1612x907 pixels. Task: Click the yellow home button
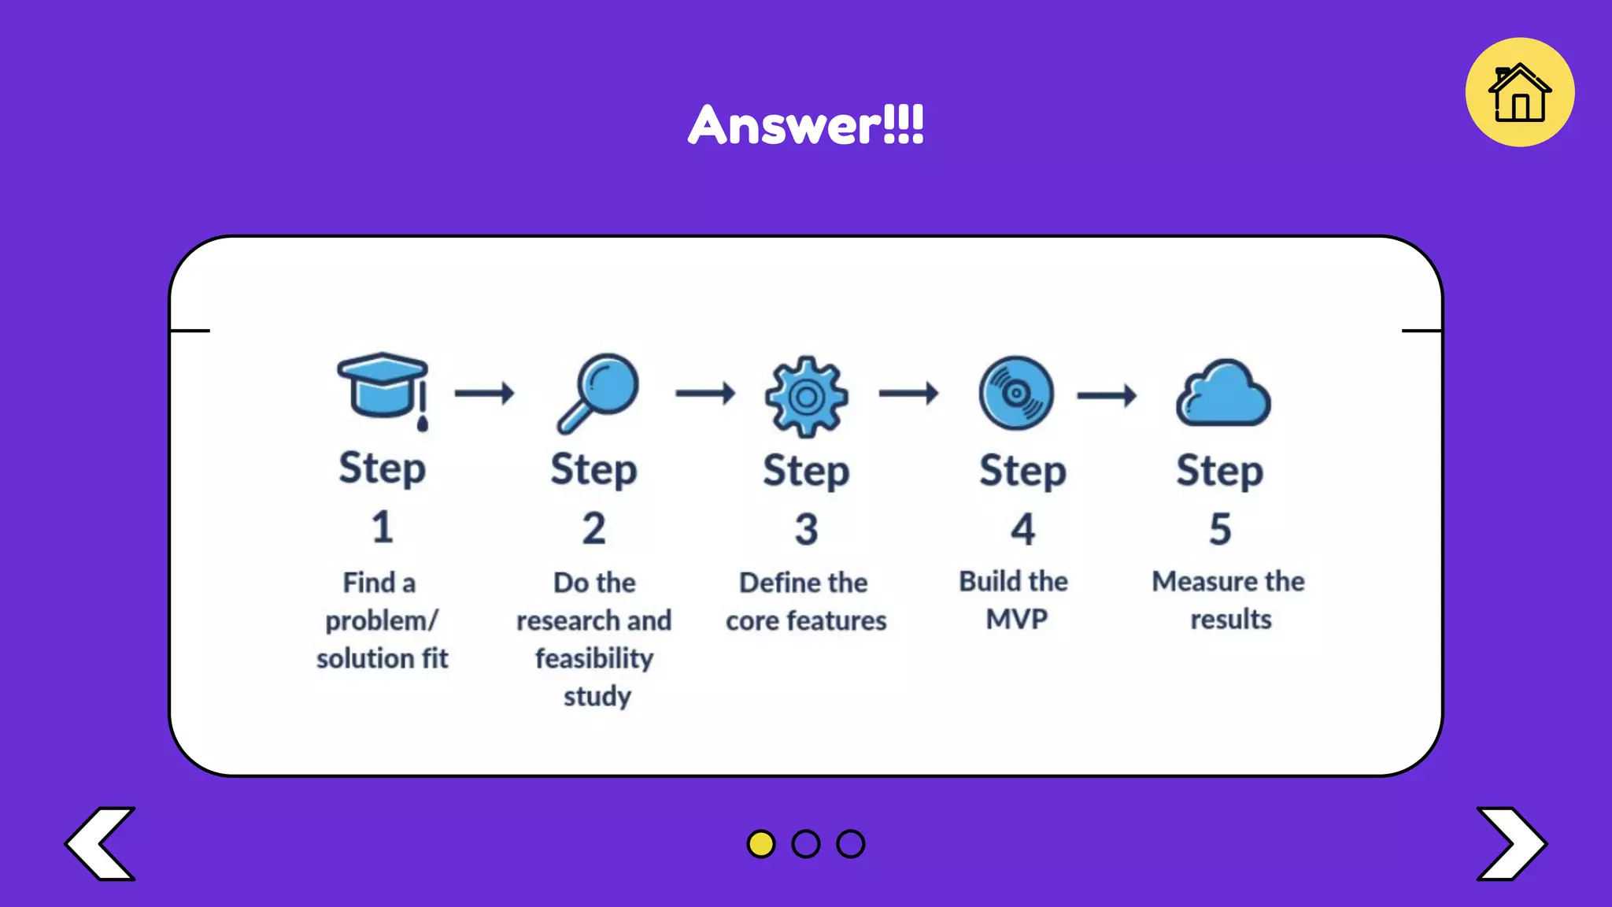(1519, 92)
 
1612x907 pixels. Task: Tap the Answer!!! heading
(806, 124)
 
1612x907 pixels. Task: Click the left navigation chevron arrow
(101, 843)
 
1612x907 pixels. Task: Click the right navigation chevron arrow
(1510, 843)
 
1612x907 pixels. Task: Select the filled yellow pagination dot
(760, 843)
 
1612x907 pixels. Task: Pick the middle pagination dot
(806, 843)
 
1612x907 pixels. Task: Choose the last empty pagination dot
(851, 843)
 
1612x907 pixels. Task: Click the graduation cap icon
(383, 387)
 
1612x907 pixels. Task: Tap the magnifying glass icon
(598, 392)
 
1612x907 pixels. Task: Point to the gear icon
(806, 396)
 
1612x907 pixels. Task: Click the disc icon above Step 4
(1016, 392)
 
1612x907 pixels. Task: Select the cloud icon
(1223, 394)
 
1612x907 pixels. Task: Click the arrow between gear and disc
(908, 392)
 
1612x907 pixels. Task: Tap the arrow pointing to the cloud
(1107, 394)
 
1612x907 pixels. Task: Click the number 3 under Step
(806, 528)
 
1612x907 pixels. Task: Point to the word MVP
(1016, 619)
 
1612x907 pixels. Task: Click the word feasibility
(594, 658)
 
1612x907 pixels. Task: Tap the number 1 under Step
(383, 527)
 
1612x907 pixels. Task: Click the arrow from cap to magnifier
(484, 392)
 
